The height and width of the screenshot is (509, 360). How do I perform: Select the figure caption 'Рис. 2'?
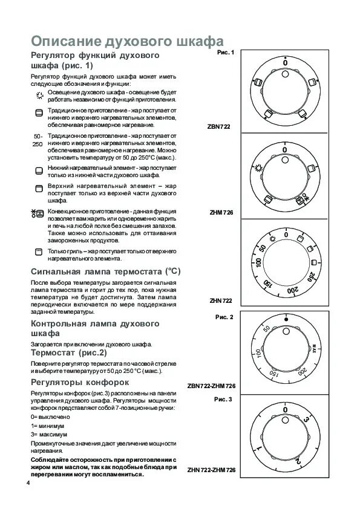click(224, 317)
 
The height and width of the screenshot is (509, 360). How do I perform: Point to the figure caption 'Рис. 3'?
click(224, 400)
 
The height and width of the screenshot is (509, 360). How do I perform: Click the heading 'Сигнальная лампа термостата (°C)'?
click(103, 271)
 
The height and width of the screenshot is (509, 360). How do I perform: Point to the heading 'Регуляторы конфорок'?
click(80, 383)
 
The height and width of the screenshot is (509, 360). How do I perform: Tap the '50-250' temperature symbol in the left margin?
click(38, 140)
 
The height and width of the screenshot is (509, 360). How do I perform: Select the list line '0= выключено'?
click(50, 418)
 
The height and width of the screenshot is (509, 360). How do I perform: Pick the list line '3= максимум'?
click(48, 435)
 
